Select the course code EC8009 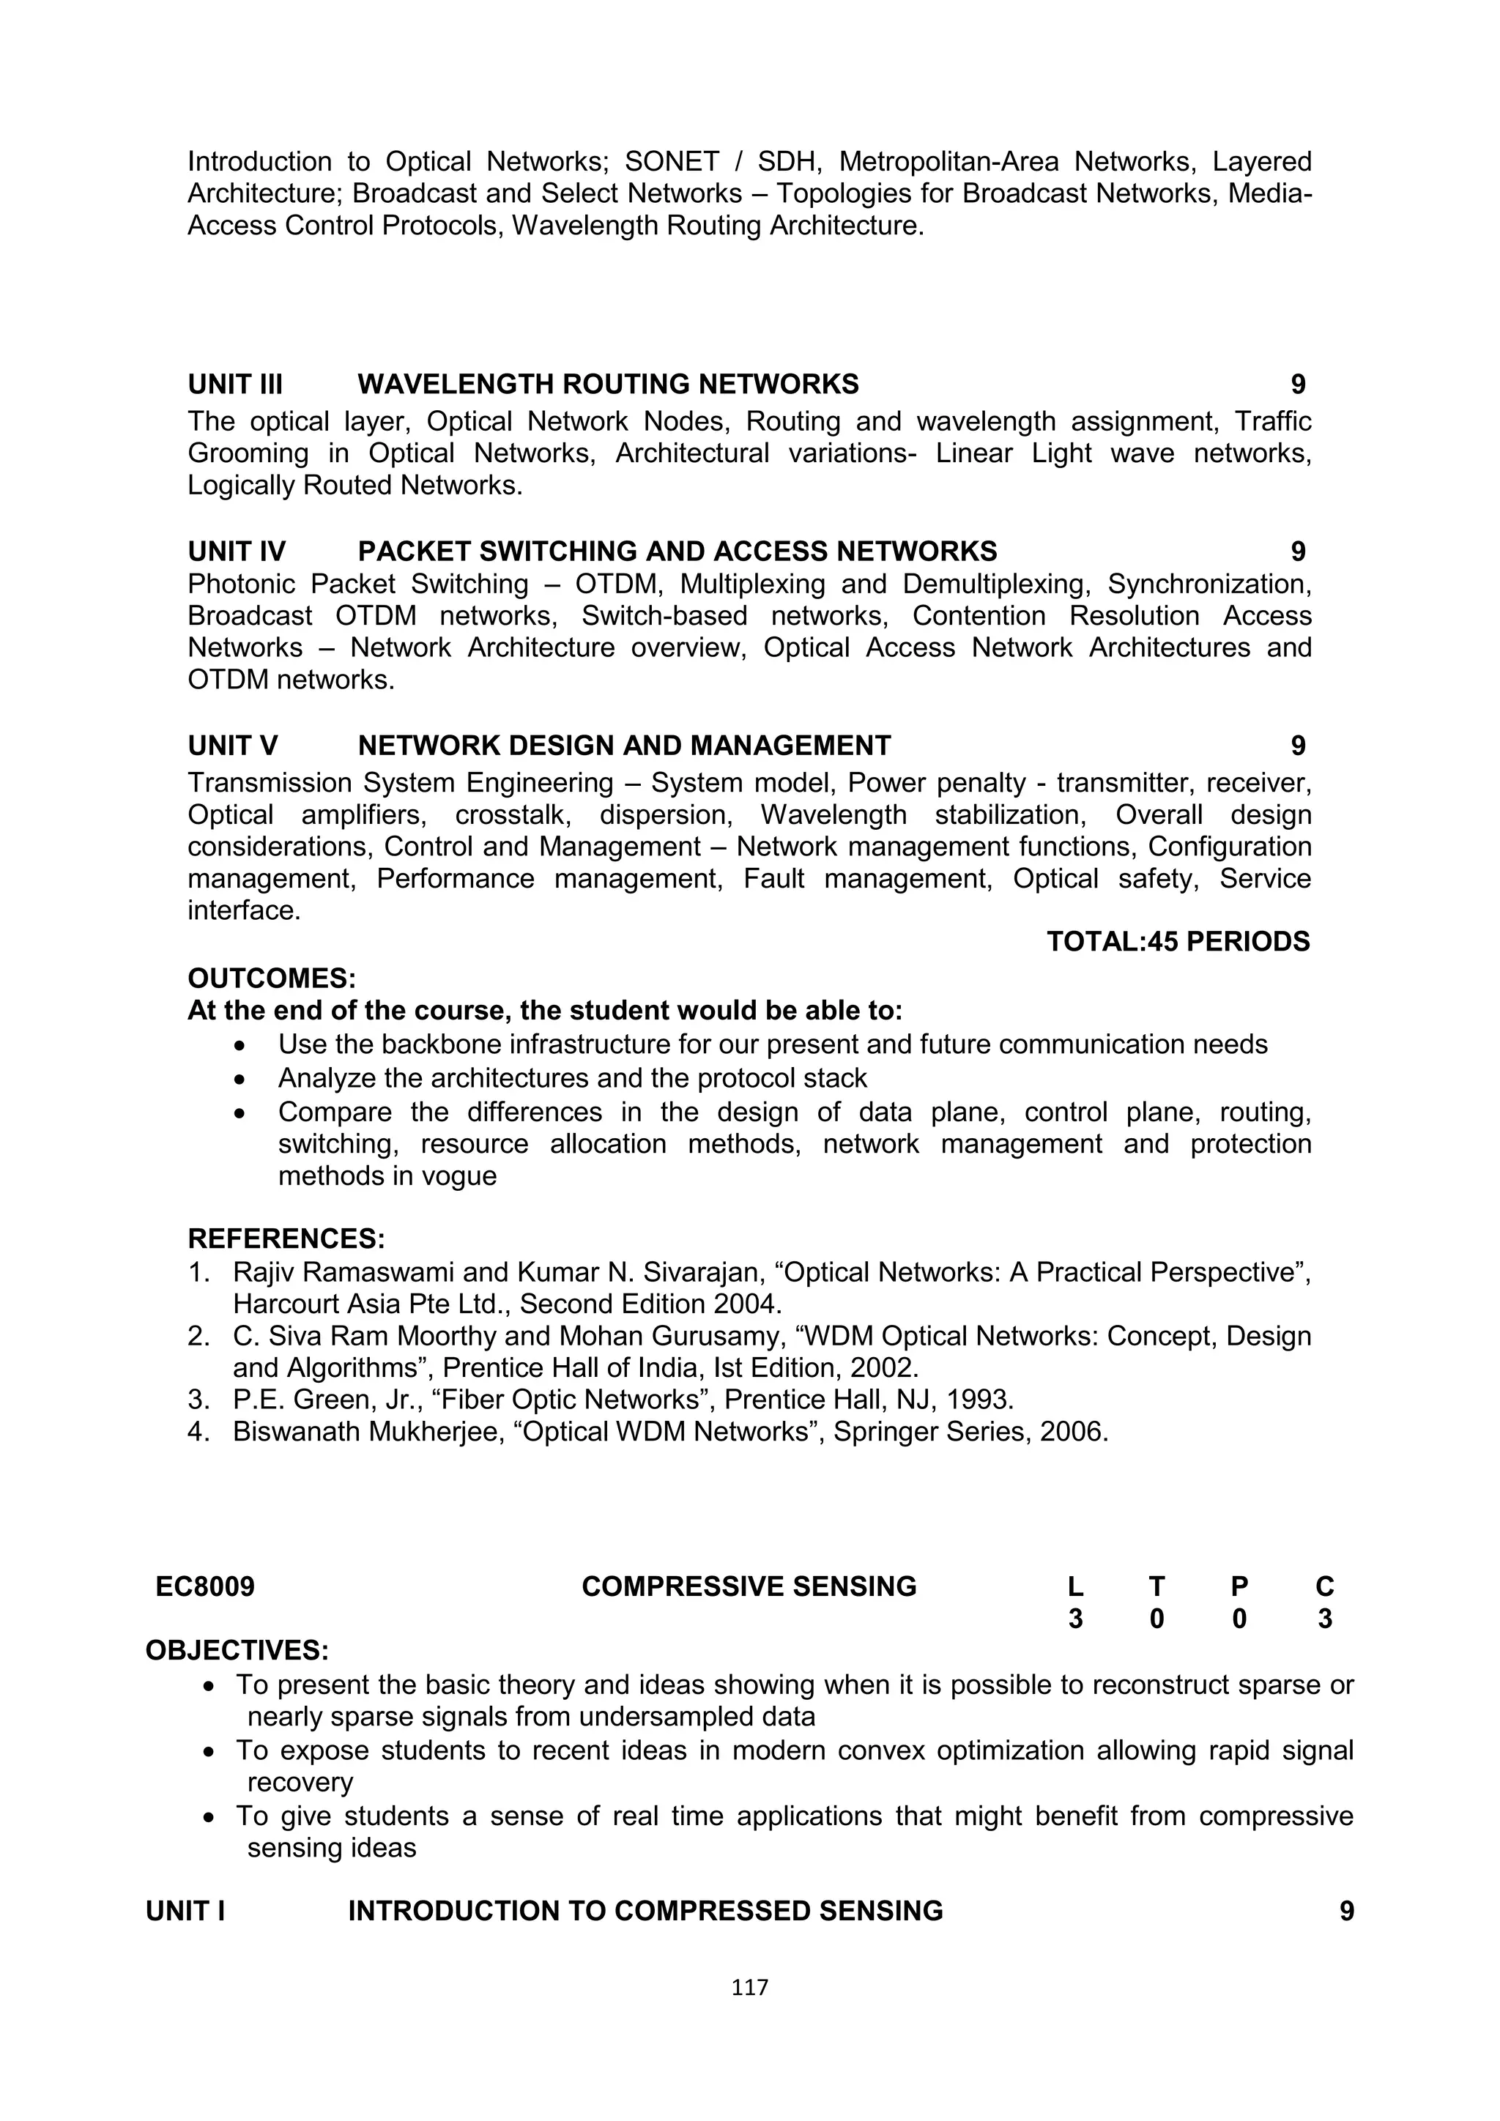205,1586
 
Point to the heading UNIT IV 237,551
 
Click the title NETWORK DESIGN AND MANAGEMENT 623,746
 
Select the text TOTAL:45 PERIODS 1178,941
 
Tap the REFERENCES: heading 286,1238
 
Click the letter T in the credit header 1156,1586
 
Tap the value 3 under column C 1324,1619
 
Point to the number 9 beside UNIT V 1298,746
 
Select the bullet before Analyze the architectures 241,1079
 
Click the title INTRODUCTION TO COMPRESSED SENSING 645,1910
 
